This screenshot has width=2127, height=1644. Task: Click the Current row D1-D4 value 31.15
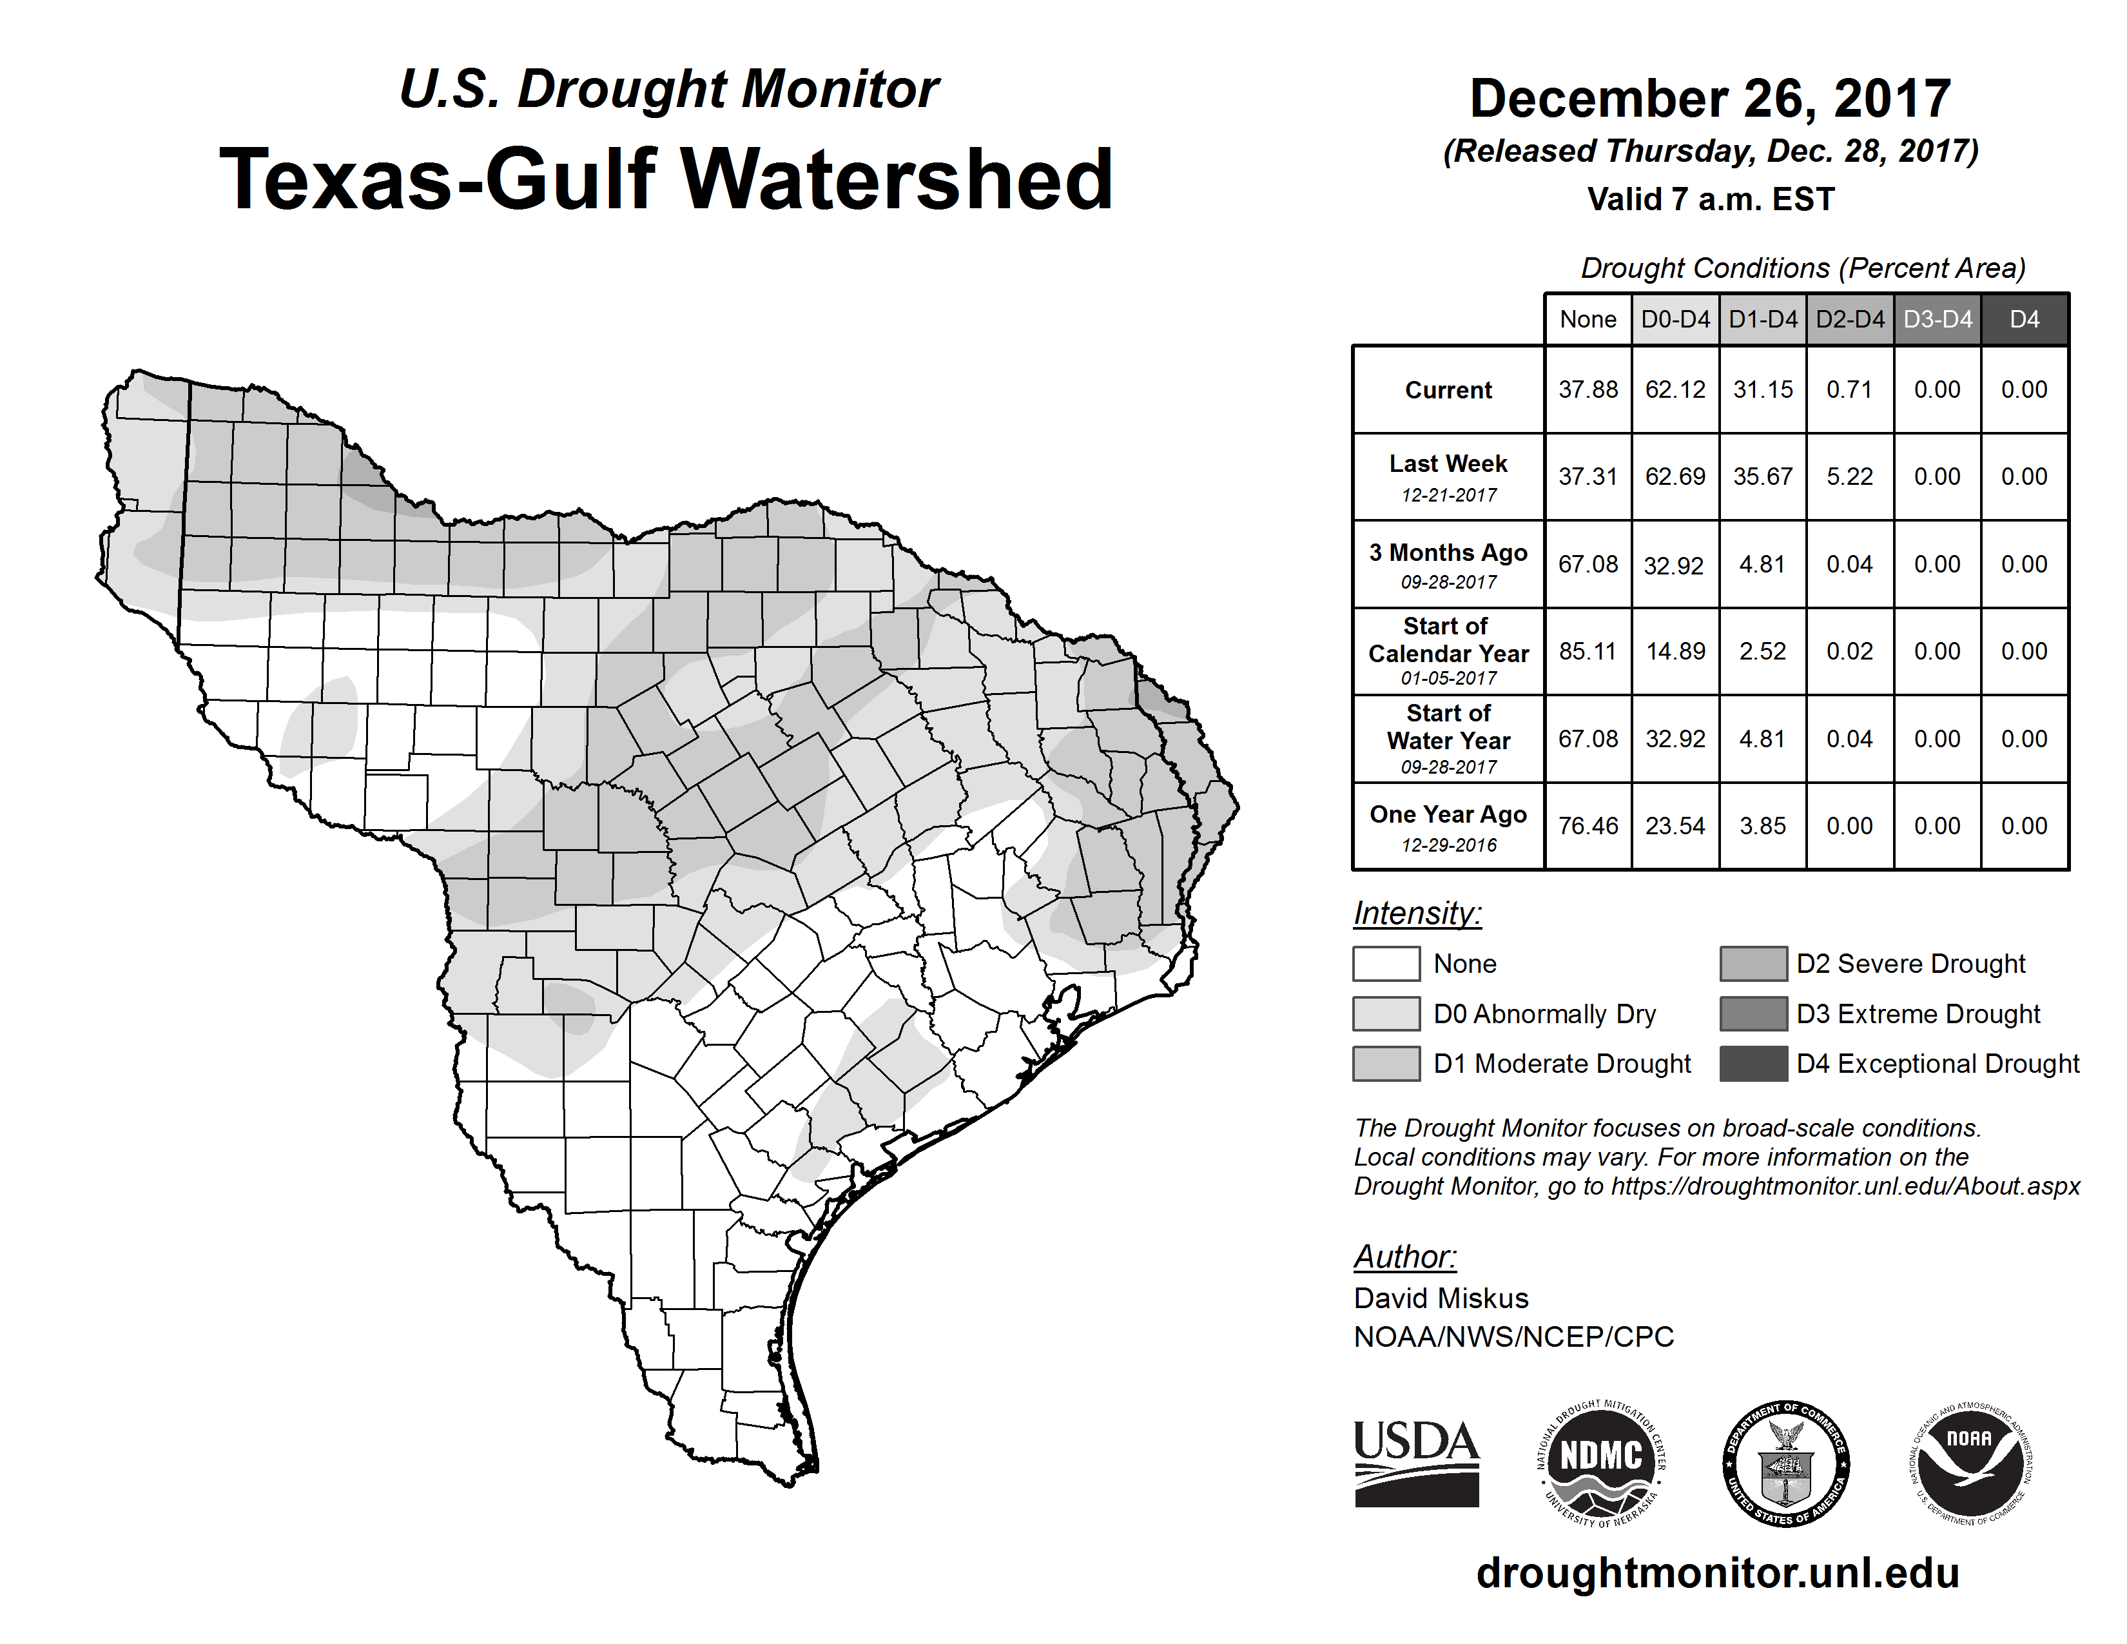1763,389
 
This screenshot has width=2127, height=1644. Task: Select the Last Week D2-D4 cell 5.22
1849,476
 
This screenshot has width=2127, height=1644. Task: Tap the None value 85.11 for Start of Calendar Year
1588,651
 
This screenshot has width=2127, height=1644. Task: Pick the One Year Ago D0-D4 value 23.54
1675,826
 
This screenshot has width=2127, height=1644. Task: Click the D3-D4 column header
1937,319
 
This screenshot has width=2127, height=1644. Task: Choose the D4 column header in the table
2024,319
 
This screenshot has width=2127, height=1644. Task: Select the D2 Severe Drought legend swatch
1753,963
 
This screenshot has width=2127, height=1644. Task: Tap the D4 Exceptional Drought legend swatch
1753,1064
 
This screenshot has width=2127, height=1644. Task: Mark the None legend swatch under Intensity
1386,963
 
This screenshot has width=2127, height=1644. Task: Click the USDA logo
1416,1463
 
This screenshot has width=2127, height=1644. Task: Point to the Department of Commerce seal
1786,1463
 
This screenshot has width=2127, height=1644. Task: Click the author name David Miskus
1441,1298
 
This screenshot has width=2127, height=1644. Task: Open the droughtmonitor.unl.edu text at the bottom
1717,1573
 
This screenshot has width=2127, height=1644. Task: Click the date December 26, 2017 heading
1710,99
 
